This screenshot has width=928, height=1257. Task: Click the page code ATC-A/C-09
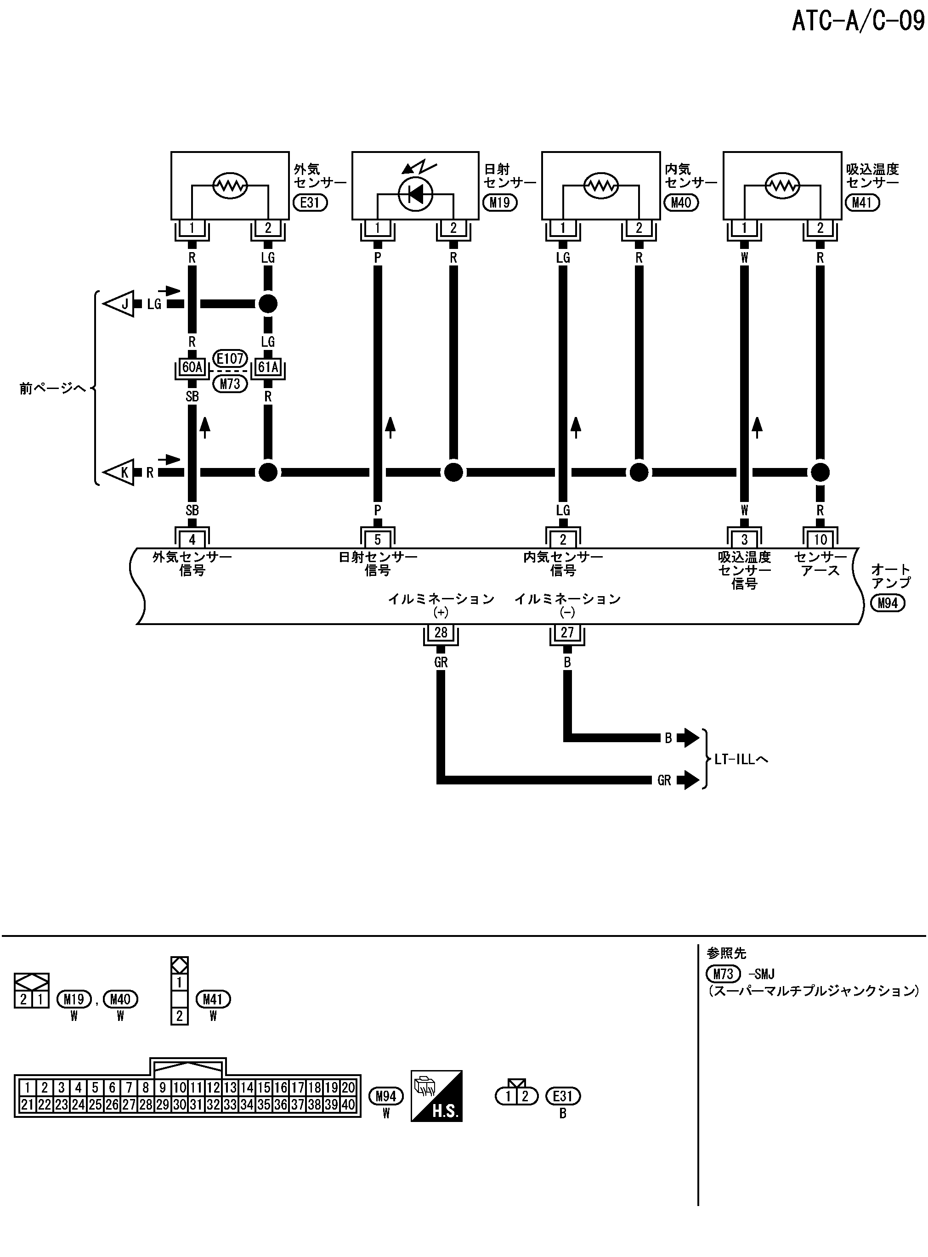[x=858, y=21]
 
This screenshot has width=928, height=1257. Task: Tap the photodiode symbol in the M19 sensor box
[x=415, y=194]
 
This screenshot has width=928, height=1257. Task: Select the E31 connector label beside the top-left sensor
[x=310, y=202]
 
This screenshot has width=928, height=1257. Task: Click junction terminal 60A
[x=192, y=367]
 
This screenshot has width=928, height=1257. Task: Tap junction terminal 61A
[x=268, y=367]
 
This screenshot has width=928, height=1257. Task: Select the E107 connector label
[x=230, y=358]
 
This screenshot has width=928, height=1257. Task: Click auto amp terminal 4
[x=192, y=540]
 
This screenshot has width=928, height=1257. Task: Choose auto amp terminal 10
[x=820, y=540]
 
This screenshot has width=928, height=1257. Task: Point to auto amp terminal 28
[x=441, y=633]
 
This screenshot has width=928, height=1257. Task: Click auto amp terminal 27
[x=567, y=633]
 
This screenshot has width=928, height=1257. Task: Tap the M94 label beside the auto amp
[x=888, y=603]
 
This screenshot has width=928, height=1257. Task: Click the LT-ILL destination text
[x=741, y=759]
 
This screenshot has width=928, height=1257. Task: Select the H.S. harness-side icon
[x=436, y=1096]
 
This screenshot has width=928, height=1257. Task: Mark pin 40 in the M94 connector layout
[x=348, y=1105]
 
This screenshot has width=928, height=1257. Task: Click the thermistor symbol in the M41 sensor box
[x=782, y=185]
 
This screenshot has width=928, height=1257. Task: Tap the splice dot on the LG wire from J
[x=268, y=304]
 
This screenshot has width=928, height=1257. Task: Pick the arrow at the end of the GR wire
[x=688, y=780]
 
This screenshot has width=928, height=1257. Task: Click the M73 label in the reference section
[x=724, y=974]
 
